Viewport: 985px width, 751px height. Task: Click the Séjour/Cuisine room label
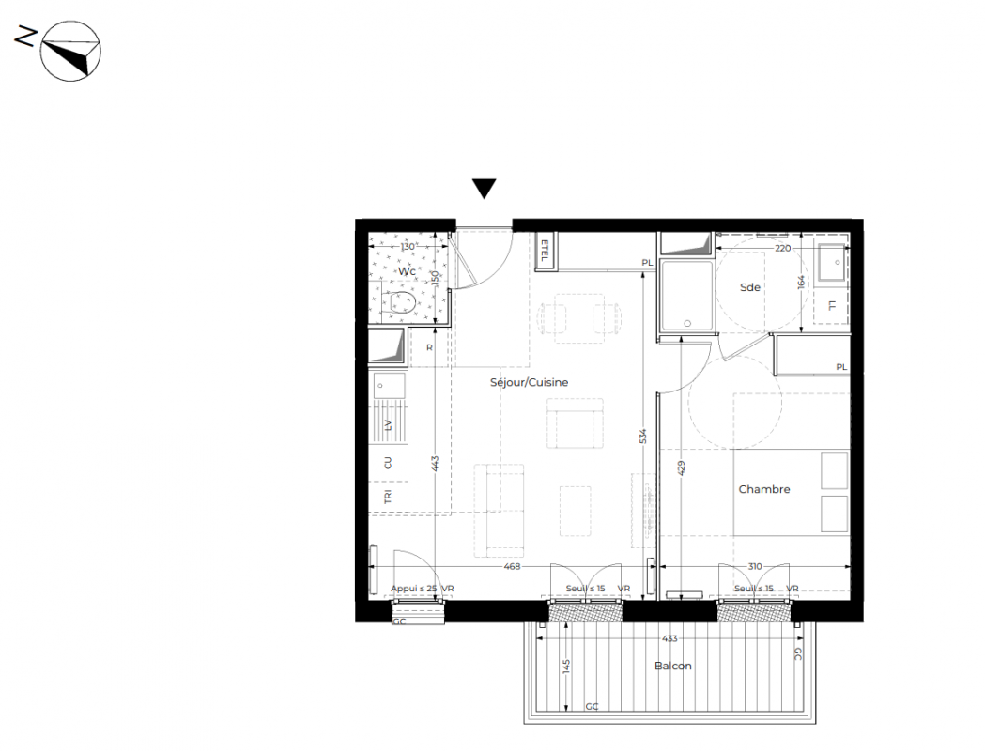[x=529, y=382]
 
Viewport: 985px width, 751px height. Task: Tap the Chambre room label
[x=764, y=489]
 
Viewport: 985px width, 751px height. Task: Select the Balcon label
[x=673, y=666]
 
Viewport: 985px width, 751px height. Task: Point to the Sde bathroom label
[x=750, y=287]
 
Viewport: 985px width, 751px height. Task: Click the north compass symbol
[x=70, y=51]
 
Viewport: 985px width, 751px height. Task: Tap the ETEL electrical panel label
[x=545, y=252]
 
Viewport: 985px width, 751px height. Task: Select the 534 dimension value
[x=642, y=437]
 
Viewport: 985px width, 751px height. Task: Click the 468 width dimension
[x=512, y=566]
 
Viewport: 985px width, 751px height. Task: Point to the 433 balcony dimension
[x=669, y=638]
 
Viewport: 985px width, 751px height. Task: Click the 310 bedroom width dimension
[x=754, y=566]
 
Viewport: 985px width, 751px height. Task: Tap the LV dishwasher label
[x=388, y=425]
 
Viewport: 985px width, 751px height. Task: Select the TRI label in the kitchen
[x=388, y=497]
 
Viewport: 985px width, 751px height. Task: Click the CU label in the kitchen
[x=388, y=463]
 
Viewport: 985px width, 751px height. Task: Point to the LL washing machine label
[x=832, y=306]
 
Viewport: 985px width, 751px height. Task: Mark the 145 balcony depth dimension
[x=566, y=667]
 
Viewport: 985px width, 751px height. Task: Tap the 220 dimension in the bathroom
[x=782, y=248]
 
